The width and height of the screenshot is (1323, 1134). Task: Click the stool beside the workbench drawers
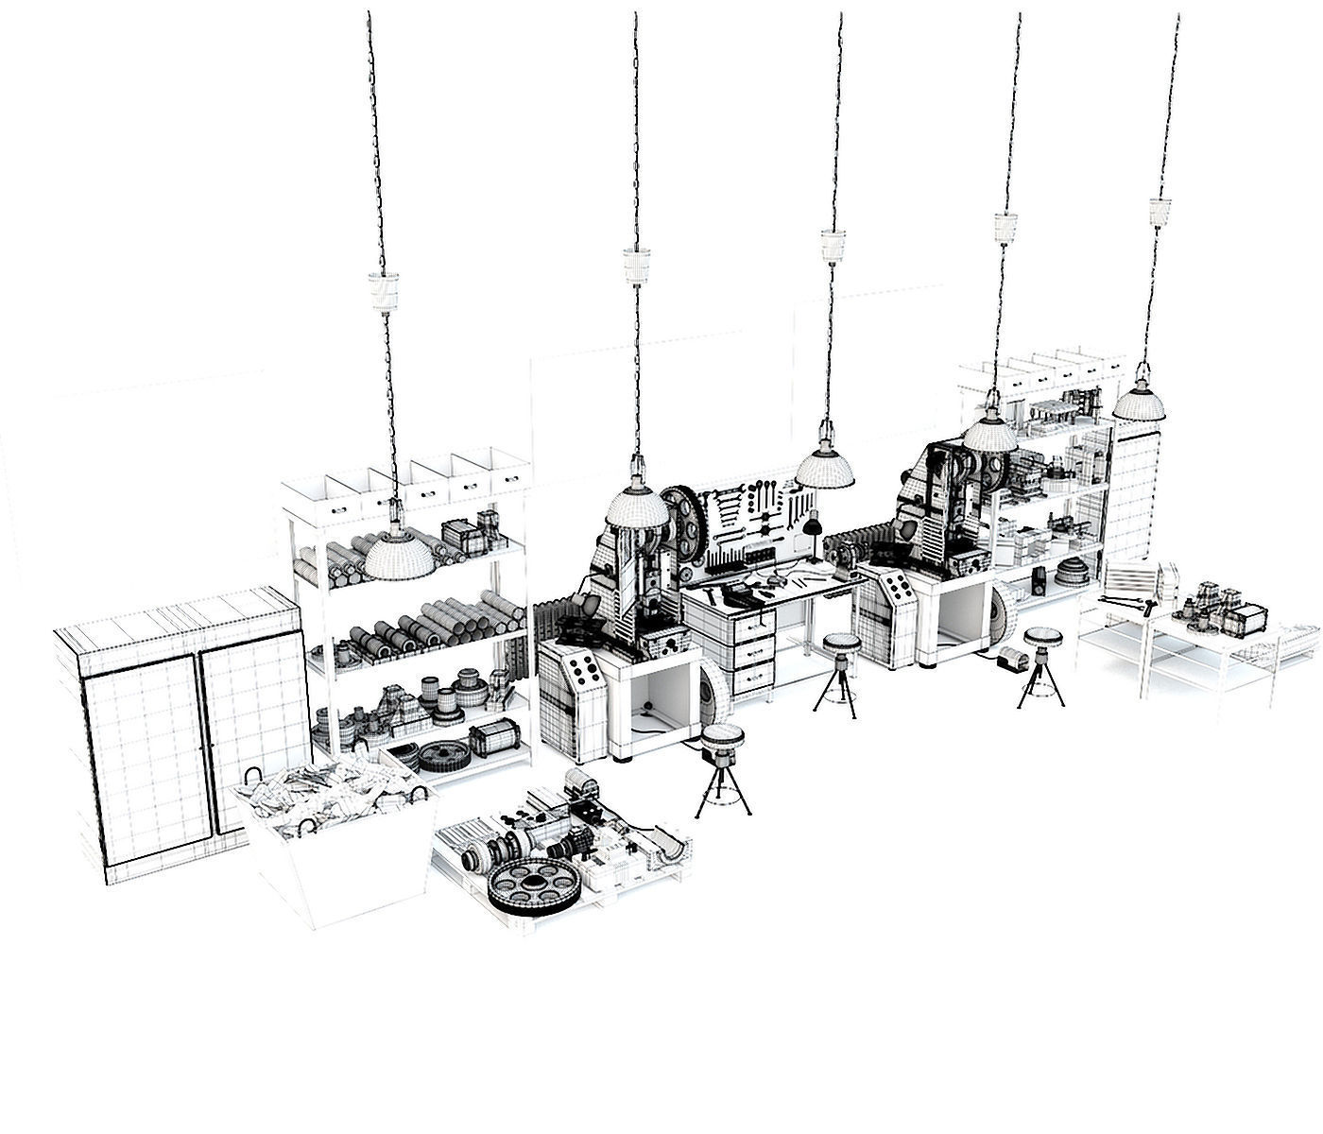click(x=840, y=644)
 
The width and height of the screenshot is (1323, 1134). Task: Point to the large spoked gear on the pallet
click(x=534, y=885)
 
